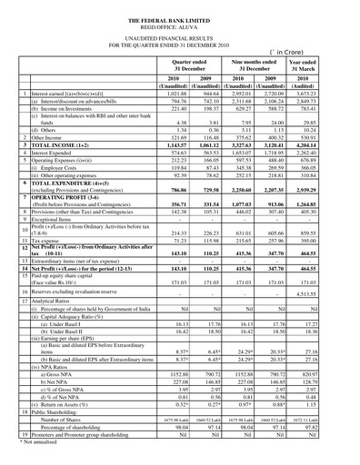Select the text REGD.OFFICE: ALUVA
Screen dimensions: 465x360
(180, 27)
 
